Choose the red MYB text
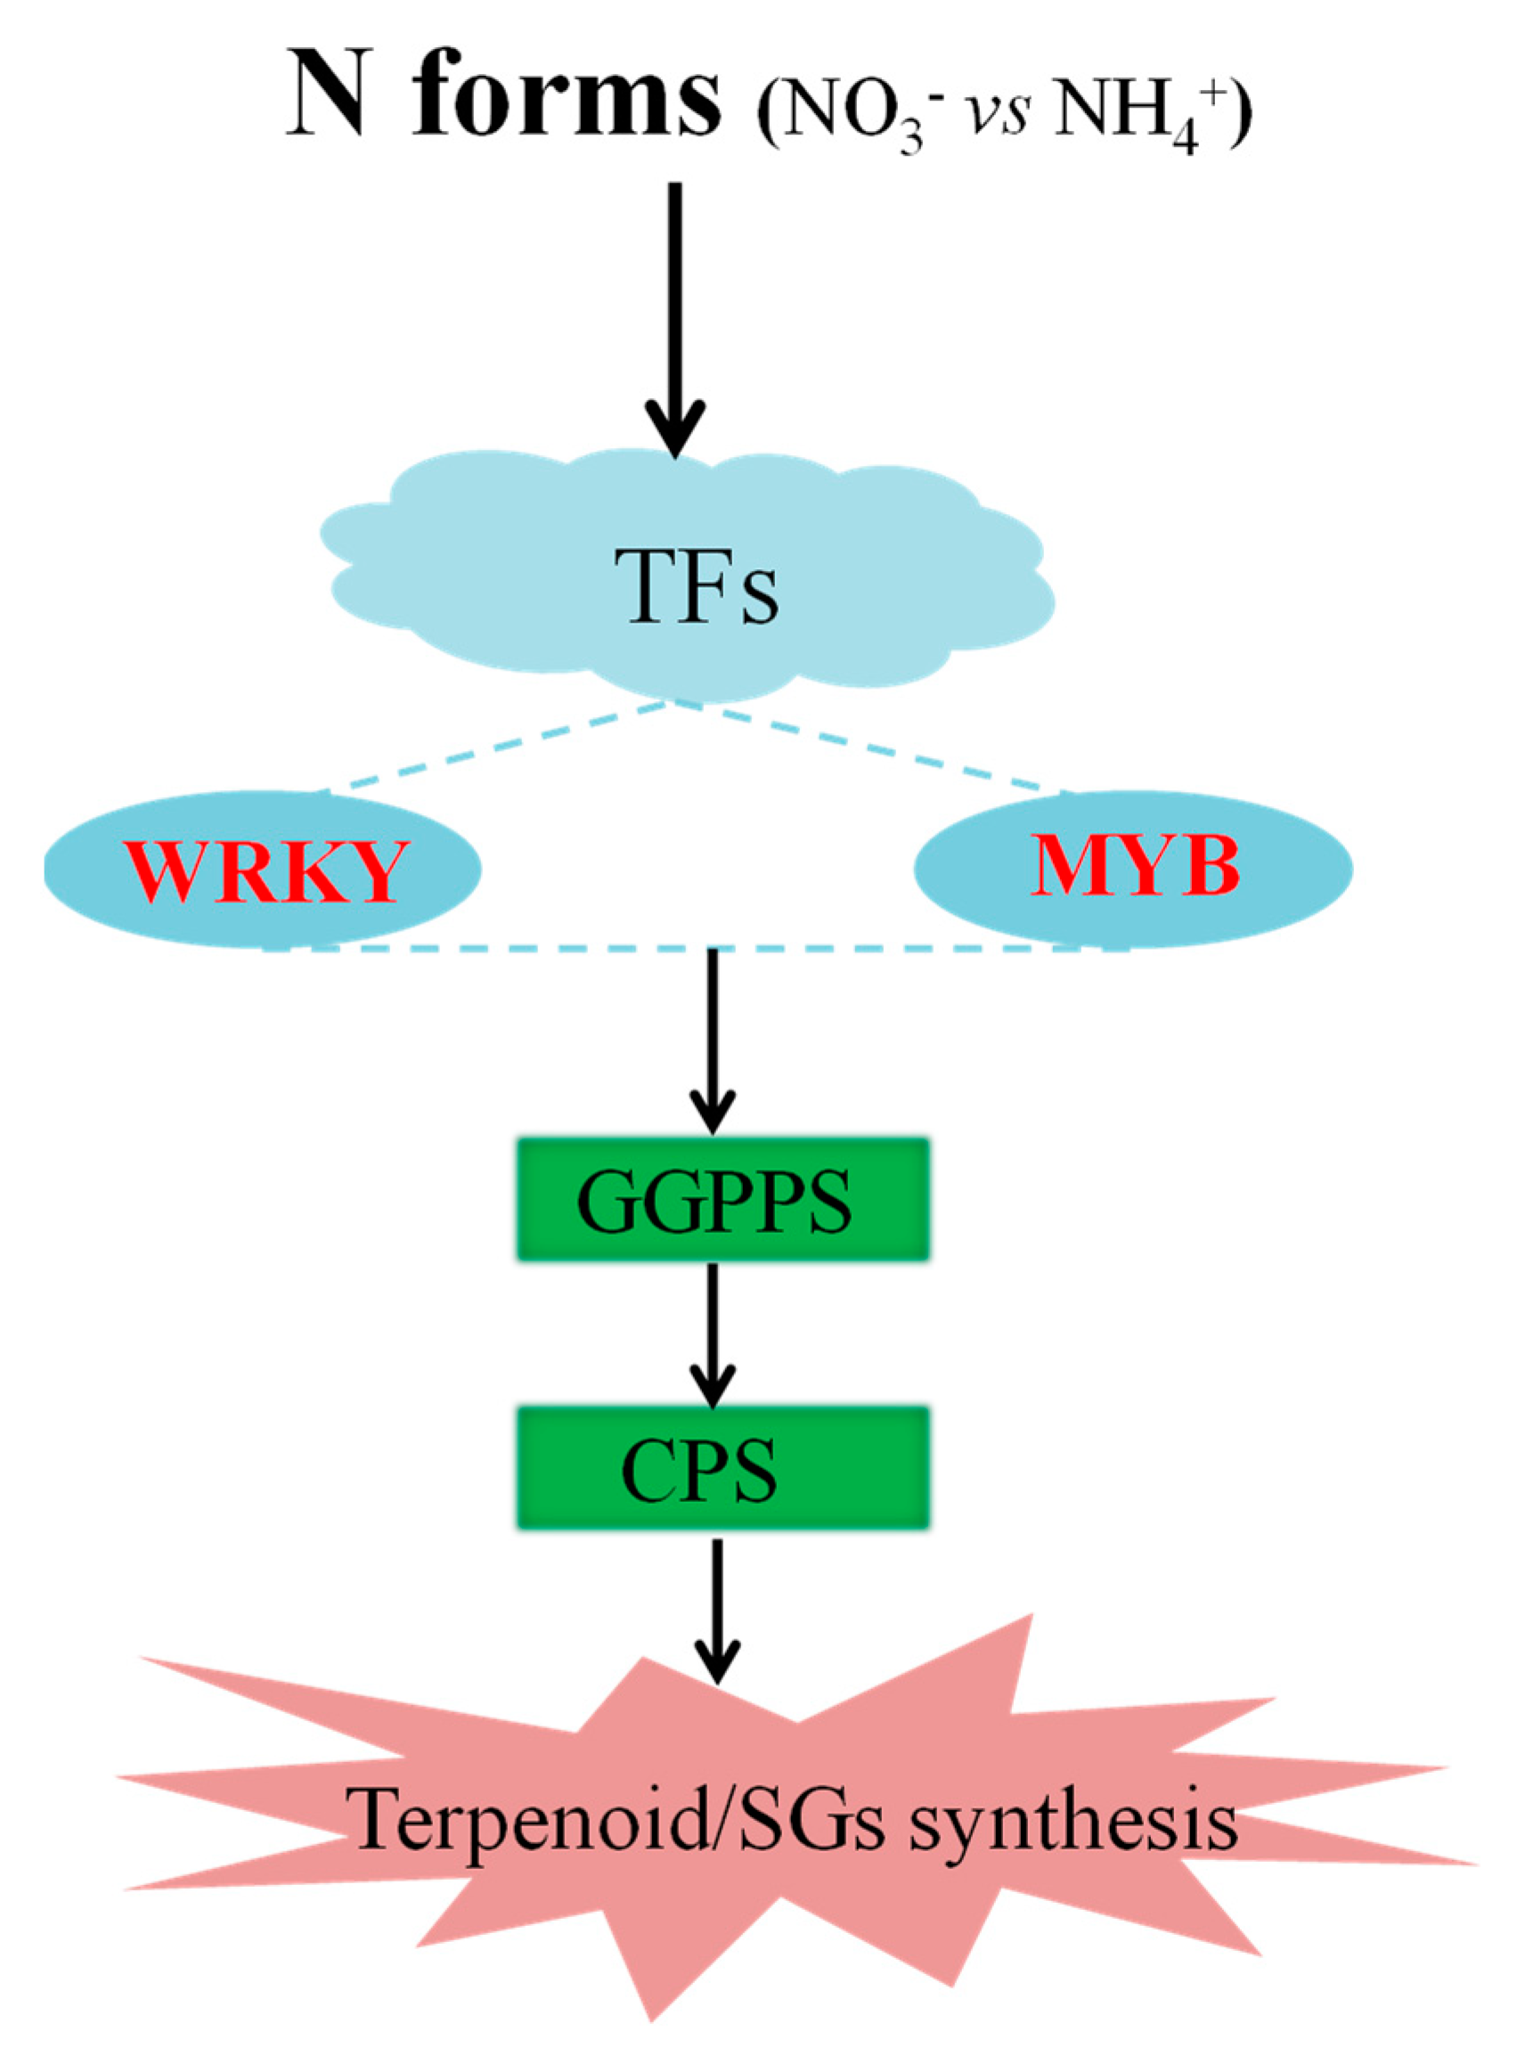pos(1134,867)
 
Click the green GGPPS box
pos(722,1198)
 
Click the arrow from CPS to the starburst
pos(717,1607)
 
